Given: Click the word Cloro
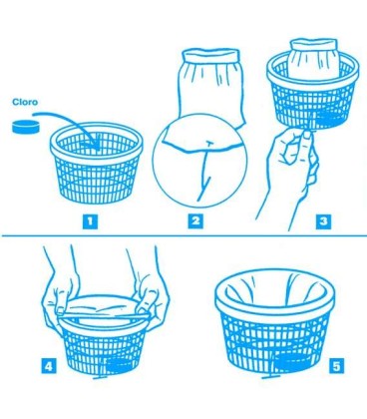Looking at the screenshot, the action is pos(25,102).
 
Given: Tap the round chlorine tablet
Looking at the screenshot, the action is pos(25,127).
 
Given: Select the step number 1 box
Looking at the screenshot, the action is pos(90,221).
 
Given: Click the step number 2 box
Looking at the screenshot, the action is pos(195,221).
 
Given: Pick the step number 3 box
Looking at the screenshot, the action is pos(323,221).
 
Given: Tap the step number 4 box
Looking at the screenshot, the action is pos(49,367).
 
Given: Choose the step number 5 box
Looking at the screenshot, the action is pos(337,367).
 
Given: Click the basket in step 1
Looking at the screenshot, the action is pos(97,164).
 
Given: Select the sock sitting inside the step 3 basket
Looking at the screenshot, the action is pos(313,60).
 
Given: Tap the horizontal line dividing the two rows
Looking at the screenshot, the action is pos(183,236).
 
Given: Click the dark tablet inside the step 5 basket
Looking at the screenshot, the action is pos(293,362).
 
